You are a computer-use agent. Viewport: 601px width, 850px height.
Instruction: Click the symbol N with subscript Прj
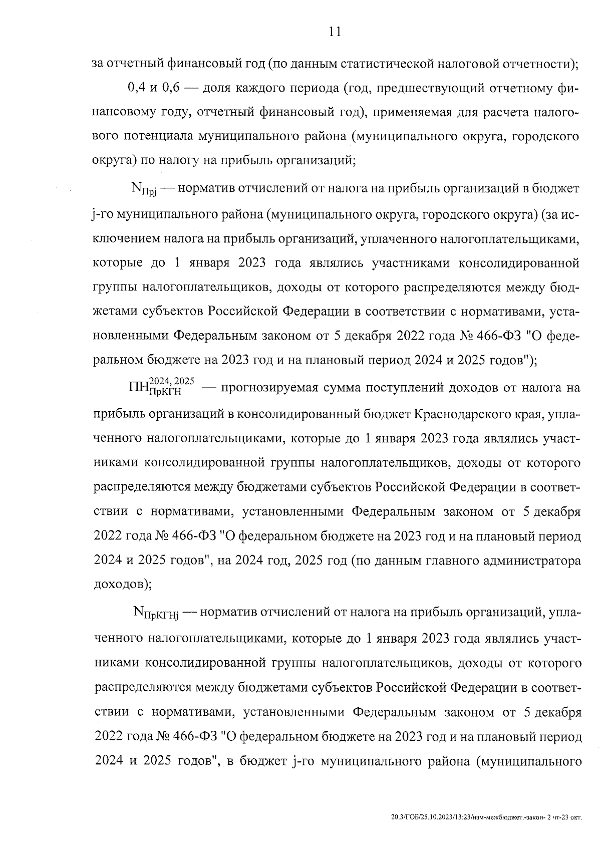pyautogui.click(x=143, y=190)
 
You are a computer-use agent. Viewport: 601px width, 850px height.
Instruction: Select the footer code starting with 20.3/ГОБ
pyautogui.click(x=486, y=817)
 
